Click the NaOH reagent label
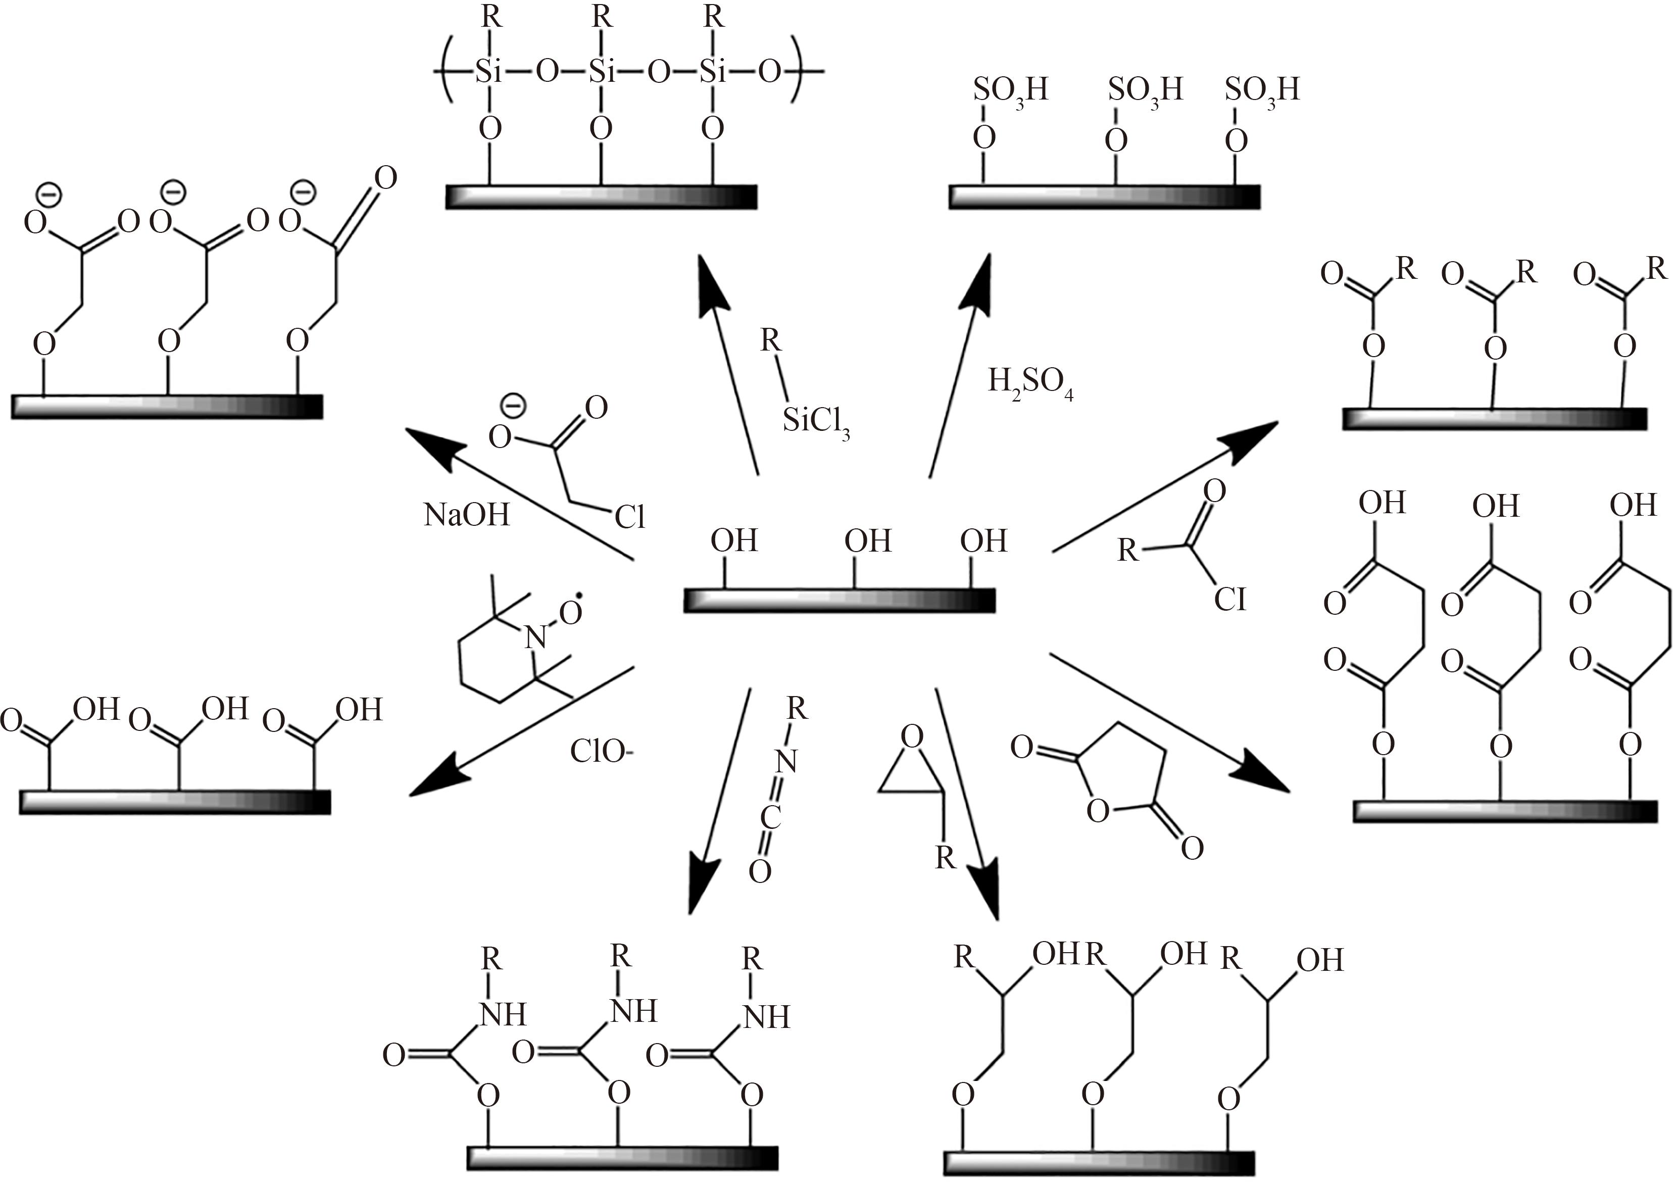467,515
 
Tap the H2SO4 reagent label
1030,383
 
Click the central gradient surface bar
839,599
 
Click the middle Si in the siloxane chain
601,72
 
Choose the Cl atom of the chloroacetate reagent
629,516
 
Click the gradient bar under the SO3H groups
1104,196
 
